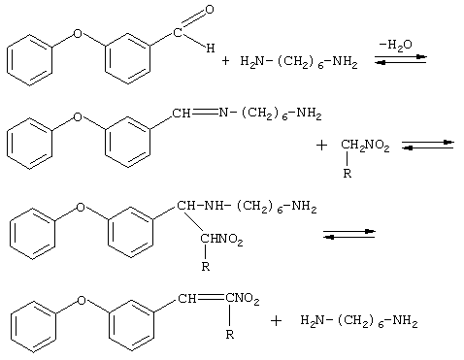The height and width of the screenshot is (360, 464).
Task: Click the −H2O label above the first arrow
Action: pos(396,45)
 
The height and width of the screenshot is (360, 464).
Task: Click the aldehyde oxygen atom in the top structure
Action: pos(210,10)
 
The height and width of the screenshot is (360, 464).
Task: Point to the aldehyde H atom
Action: pos(211,49)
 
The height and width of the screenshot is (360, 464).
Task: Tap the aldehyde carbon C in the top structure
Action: pos(178,33)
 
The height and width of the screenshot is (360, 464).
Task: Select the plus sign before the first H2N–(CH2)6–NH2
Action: pos(225,60)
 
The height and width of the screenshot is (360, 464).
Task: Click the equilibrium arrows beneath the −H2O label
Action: pos(401,60)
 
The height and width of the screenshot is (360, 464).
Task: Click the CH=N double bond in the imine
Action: pos(205,113)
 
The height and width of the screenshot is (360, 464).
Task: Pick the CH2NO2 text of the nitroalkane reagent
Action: pos(365,146)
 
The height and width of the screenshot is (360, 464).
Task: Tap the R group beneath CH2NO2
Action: pos(347,174)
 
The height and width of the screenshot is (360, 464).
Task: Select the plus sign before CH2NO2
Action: pos(321,146)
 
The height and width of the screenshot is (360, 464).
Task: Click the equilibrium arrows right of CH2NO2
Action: pos(428,145)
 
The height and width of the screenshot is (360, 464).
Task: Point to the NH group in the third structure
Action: pos(214,205)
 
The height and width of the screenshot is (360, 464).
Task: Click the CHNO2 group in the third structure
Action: pos(221,240)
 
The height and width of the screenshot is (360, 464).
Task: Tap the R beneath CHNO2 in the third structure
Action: pos(206,267)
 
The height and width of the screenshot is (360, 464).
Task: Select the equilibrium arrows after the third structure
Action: pos(348,234)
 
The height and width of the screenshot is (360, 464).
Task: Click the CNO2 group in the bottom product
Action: pos(243,299)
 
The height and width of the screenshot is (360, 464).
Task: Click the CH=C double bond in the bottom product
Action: pos(211,298)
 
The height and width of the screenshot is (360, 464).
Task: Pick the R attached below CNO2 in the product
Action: pos(230,334)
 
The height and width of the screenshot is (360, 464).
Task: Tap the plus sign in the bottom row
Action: pos(276,321)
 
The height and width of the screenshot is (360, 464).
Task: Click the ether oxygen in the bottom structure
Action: pos(82,300)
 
